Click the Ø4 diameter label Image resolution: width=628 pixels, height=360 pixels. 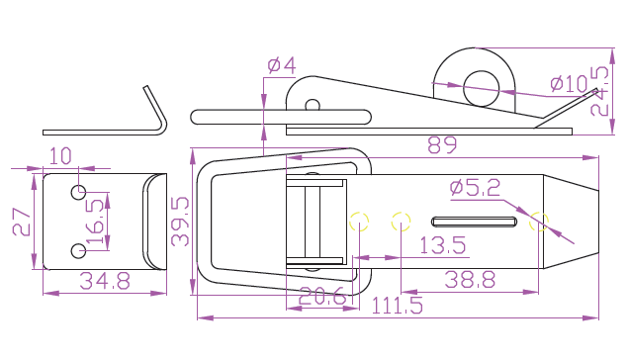(282, 65)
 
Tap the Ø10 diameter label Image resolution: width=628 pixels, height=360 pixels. (569, 84)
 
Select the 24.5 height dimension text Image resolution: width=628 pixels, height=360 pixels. (599, 91)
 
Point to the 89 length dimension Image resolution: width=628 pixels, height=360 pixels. (442, 145)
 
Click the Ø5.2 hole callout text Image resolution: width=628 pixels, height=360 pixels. (475, 187)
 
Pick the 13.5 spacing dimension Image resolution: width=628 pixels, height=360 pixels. (442, 245)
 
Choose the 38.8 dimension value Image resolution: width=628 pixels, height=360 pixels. (470, 280)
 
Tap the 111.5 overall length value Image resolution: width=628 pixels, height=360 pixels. (397, 306)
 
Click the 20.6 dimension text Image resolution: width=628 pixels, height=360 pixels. (322, 296)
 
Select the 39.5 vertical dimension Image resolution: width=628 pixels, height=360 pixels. (180, 222)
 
